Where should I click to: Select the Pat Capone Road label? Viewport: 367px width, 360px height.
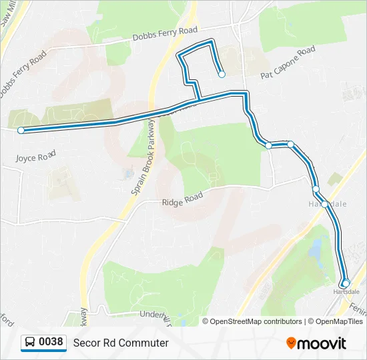(x=288, y=63)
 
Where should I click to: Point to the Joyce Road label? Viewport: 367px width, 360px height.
(x=33, y=157)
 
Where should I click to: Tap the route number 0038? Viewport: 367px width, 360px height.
(x=51, y=343)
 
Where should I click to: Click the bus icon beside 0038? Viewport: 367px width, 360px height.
(x=30, y=343)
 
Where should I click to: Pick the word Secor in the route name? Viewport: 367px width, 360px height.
(x=85, y=343)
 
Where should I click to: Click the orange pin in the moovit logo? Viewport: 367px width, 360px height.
(x=292, y=343)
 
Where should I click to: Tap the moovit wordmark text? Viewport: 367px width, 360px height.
(x=322, y=343)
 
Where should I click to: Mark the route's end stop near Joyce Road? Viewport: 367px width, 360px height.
(x=21, y=131)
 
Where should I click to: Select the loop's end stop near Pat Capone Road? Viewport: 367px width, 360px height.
(x=222, y=75)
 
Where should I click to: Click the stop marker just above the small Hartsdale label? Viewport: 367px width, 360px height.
(x=346, y=283)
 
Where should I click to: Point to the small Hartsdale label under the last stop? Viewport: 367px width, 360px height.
(x=346, y=292)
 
